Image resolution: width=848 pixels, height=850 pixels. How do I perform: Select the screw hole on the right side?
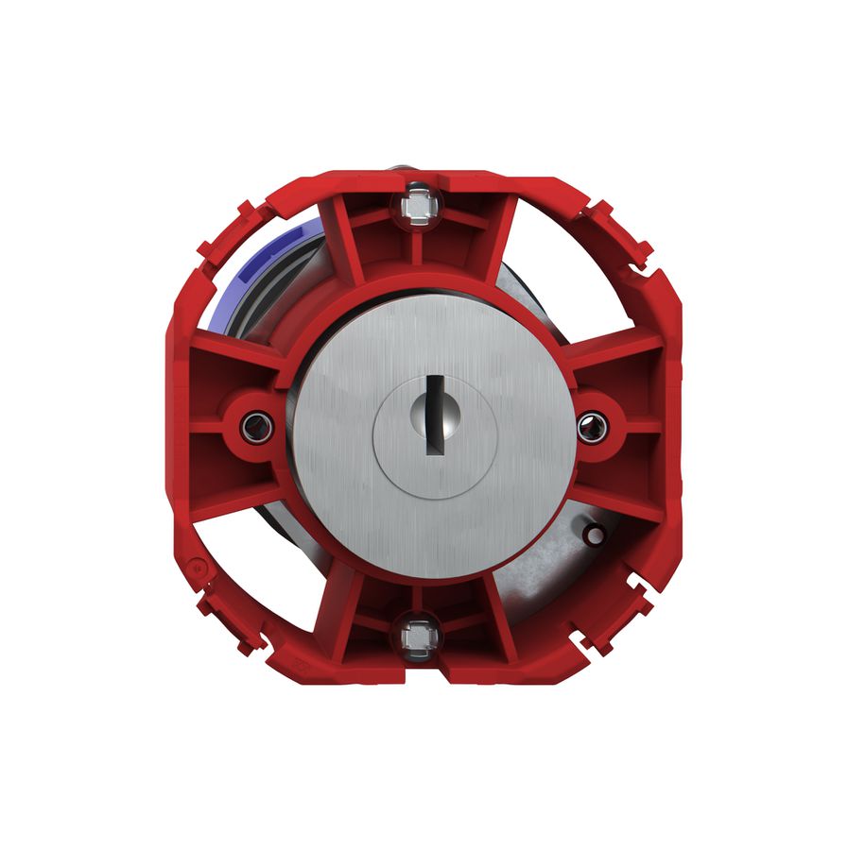coord(592,425)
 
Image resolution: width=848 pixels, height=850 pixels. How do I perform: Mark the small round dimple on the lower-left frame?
coord(196,569)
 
